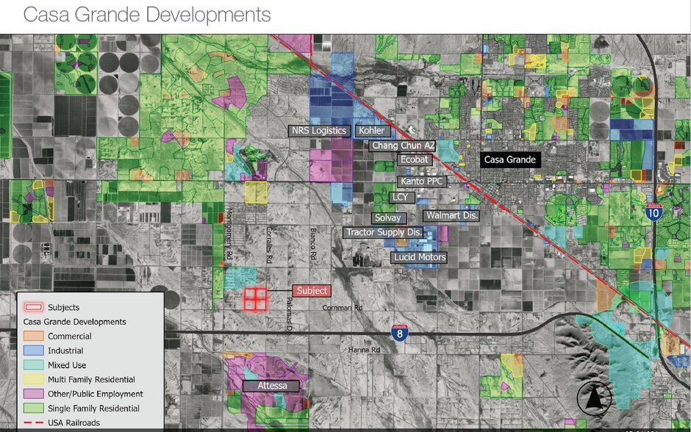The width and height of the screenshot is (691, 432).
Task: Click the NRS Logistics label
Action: pyautogui.click(x=319, y=131)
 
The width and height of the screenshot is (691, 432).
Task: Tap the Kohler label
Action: pyautogui.click(x=371, y=131)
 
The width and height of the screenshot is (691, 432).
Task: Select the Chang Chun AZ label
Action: pyautogui.click(x=403, y=145)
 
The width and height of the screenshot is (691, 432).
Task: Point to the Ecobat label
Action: pyautogui.click(x=413, y=159)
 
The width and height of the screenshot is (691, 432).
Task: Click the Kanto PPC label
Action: pyautogui.click(x=421, y=181)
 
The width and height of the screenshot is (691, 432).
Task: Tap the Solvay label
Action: pyautogui.click(x=388, y=218)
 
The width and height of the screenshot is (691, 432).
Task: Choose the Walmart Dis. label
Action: pyautogui.click(x=451, y=216)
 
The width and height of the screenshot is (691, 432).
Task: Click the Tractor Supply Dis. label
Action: pyautogui.click(x=384, y=232)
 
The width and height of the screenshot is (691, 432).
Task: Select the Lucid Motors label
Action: pyautogui.click(x=420, y=257)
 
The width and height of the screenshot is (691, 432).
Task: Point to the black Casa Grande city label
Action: pyautogui.click(x=509, y=159)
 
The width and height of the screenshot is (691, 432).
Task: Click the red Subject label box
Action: pyautogui.click(x=312, y=291)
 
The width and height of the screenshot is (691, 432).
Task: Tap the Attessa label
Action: pyautogui.click(x=271, y=386)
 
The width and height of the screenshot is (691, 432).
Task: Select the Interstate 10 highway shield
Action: pyautogui.click(x=654, y=213)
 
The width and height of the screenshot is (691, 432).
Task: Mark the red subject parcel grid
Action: pyautogui.click(x=255, y=298)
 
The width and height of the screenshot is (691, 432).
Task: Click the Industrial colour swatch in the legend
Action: pyautogui.click(x=35, y=351)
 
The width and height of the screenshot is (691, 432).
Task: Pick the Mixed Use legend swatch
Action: pyautogui.click(x=35, y=365)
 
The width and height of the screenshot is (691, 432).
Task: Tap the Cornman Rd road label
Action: pyautogui.click(x=343, y=309)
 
